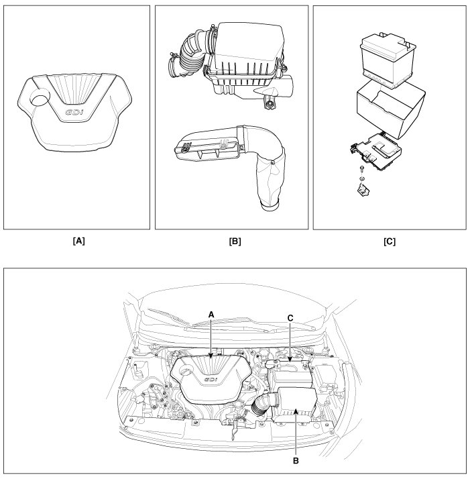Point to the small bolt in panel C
(x=361, y=170)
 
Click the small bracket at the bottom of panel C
(x=362, y=192)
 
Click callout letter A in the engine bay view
(x=211, y=313)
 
